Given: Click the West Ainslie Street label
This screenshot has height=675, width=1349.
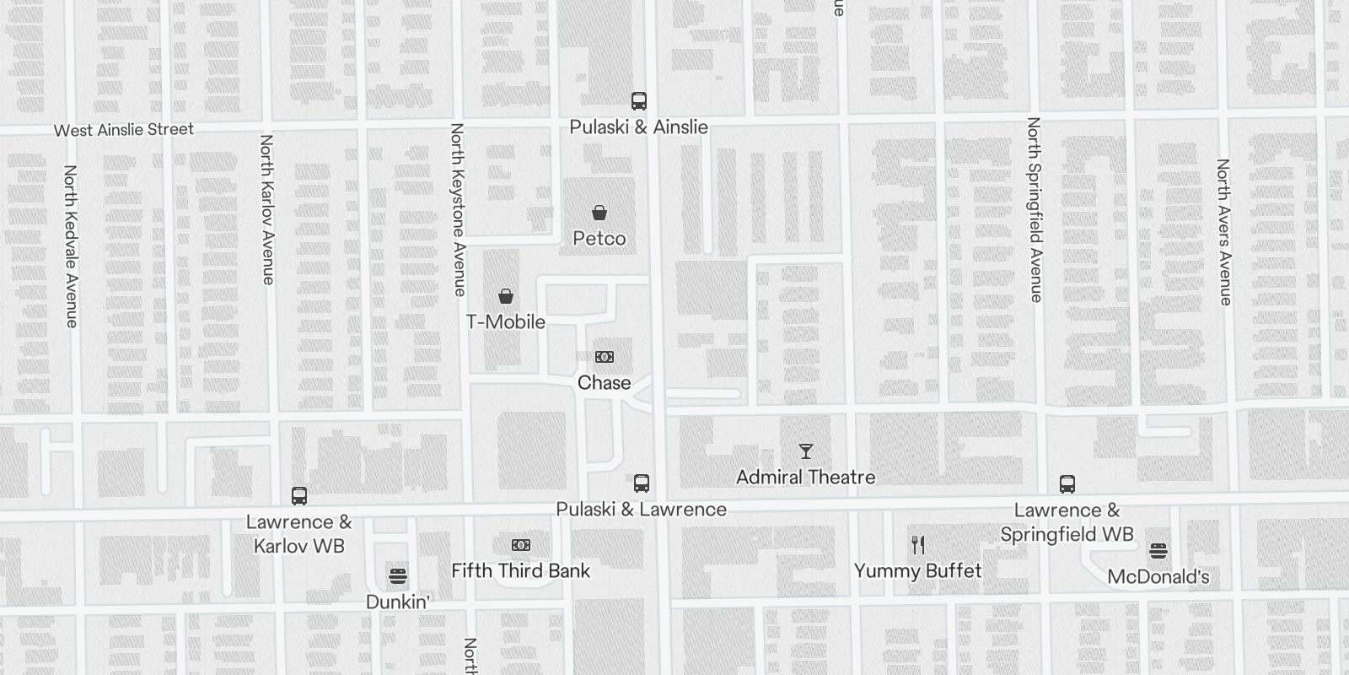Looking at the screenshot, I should click(124, 130).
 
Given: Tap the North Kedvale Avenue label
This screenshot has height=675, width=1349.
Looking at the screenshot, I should click(71, 246).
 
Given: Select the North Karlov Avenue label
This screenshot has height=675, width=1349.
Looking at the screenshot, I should click(267, 209).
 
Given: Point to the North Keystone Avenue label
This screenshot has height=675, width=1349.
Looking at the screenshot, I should click(458, 209).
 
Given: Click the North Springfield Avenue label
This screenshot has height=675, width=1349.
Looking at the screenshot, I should click(1035, 209).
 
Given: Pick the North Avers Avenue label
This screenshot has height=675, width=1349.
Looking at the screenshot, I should click(1223, 232).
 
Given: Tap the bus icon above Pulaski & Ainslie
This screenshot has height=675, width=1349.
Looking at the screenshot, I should click(639, 101).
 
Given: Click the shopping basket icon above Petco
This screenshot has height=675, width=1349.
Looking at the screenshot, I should click(599, 213).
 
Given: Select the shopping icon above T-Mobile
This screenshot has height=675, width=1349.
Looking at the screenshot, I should click(506, 296).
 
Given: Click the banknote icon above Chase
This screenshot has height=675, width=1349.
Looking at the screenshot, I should click(605, 357).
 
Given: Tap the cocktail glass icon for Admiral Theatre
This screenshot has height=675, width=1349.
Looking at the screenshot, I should click(806, 451).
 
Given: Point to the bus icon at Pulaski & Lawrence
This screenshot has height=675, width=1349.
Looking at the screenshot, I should click(642, 483).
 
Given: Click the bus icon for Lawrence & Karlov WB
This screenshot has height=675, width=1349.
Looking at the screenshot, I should click(299, 496).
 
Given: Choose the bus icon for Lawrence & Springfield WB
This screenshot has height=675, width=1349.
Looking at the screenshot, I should click(1067, 484).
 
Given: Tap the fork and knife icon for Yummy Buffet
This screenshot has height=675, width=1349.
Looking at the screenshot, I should click(918, 545).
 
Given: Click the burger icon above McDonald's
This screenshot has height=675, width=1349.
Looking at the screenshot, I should click(1158, 552).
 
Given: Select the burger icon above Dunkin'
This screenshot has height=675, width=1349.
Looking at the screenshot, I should click(398, 576).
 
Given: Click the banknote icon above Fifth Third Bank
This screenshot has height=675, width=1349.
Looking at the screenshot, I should click(521, 545).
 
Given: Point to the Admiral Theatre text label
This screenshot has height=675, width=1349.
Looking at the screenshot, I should click(806, 478).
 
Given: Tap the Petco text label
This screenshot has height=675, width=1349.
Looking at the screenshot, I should click(599, 239).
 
